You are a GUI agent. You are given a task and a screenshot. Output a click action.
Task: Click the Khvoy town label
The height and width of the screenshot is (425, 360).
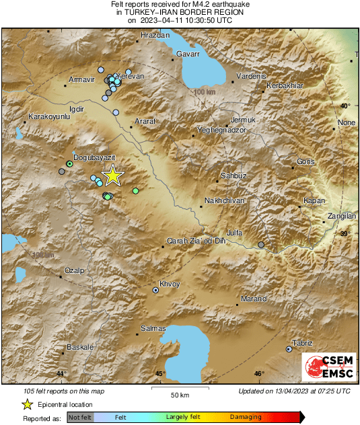pyautogui.click(x=170, y=284)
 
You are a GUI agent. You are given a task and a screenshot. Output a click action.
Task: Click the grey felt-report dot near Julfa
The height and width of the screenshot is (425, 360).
pyautogui.click(x=261, y=245)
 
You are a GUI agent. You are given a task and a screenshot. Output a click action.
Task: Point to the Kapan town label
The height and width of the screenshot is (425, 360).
pyautogui.click(x=314, y=201)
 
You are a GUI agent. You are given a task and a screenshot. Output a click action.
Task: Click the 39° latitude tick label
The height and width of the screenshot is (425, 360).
pyautogui.click(x=345, y=233)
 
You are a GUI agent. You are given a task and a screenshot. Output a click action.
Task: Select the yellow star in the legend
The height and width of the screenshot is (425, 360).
pyautogui.click(x=27, y=404)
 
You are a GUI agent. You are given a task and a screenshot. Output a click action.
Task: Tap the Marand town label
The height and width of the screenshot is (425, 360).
pyautogui.click(x=254, y=299)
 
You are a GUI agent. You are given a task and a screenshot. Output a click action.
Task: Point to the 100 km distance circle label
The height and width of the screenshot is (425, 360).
pyautogui.click(x=203, y=91)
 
